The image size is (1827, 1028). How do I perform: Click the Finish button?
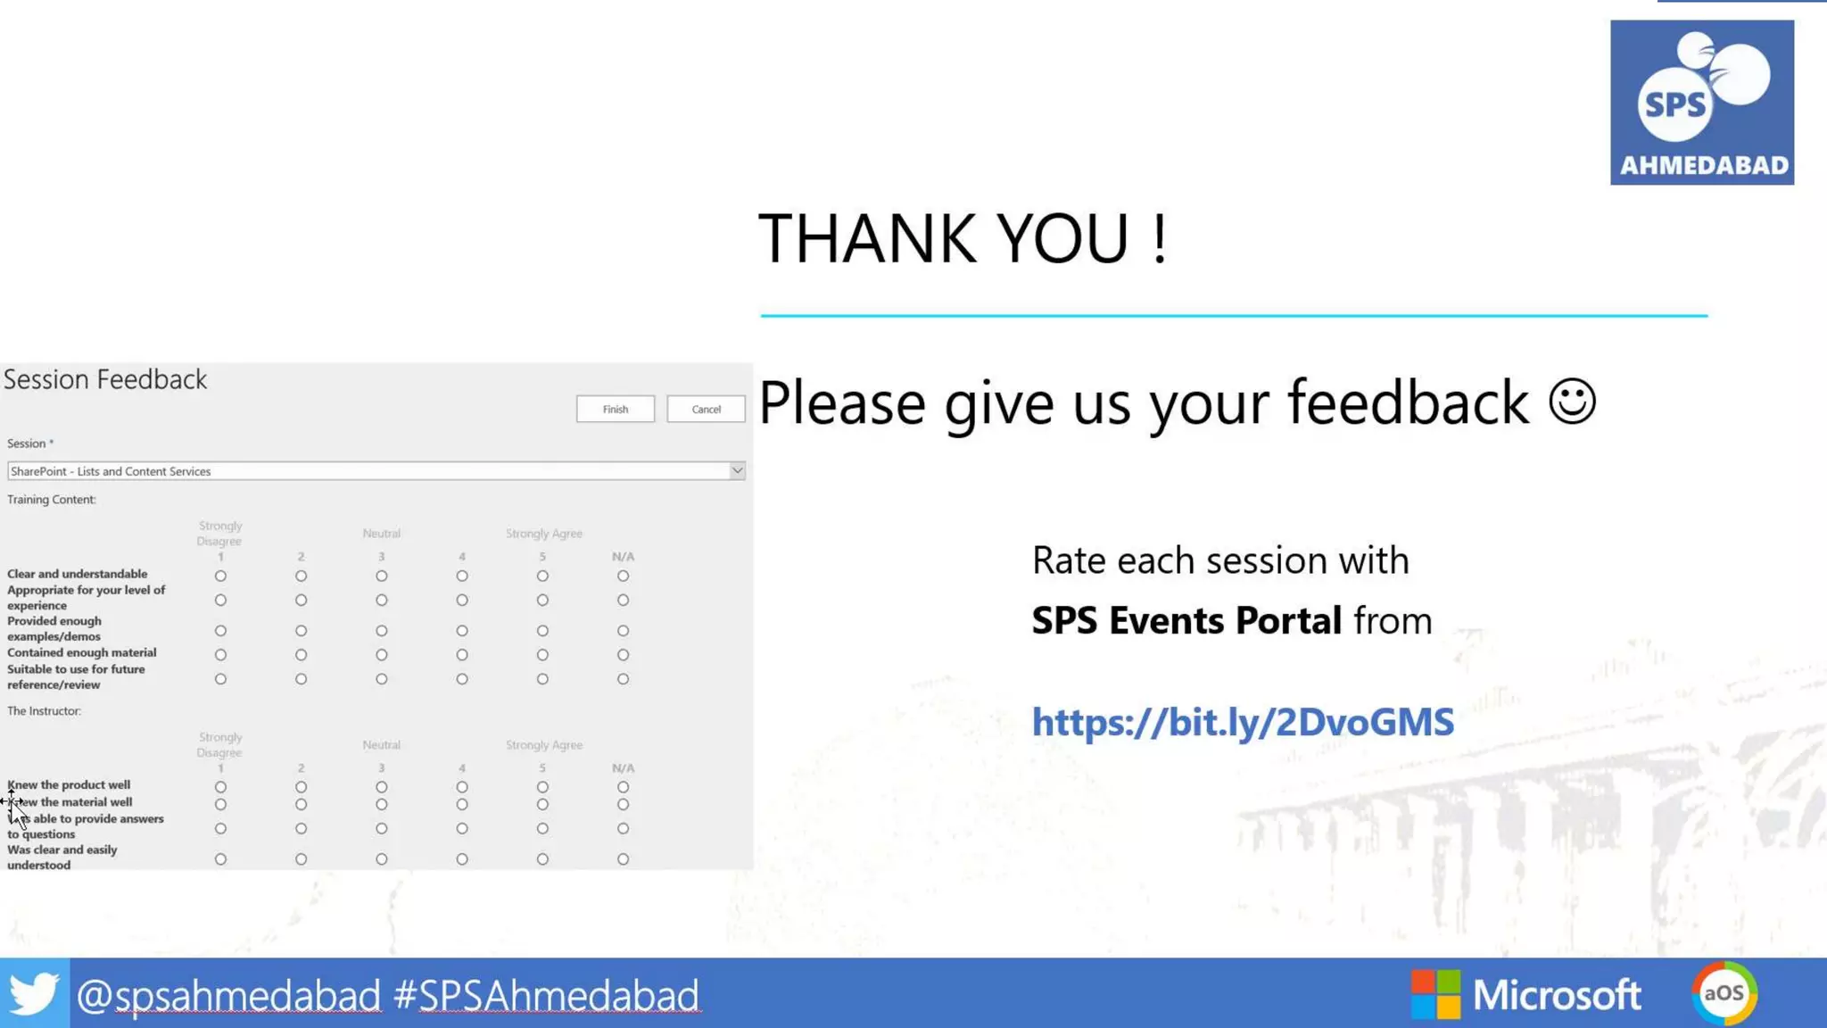pyautogui.click(x=615, y=409)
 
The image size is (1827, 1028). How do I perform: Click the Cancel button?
pyautogui.click(x=706, y=409)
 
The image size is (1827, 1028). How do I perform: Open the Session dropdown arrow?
pyautogui.click(x=737, y=470)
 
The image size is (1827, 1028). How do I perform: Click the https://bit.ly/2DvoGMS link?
pyautogui.click(x=1243, y=722)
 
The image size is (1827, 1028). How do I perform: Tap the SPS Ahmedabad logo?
pyautogui.click(x=1701, y=103)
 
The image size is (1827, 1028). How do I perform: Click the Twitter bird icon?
pyautogui.click(x=34, y=993)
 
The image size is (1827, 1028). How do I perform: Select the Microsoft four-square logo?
pyautogui.click(x=1435, y=994)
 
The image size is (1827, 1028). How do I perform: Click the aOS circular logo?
pyautogui.click(x=1724, y=993)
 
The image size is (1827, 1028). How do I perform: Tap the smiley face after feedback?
pyautogui.click(x=1572, y=402)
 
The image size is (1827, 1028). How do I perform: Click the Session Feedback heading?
pyautogui.click(x=105, y=379)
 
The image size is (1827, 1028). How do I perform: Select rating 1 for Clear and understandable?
pyautogui.click(x=220, y=576)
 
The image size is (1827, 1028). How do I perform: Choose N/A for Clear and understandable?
pyautogui.click(x=623, y=576)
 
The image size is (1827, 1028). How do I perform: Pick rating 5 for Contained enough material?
pyautogui.click(x=542, y=655)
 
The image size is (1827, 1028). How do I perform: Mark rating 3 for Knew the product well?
pyautogui.click(x=382, y=787)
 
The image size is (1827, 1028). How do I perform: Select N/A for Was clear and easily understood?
pyautogui.click(x=623, y=859)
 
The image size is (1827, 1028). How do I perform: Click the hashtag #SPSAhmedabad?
pyautogui.click(x=546, y=995)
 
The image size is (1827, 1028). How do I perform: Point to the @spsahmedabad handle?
pyautogui.click(x=228, y=995)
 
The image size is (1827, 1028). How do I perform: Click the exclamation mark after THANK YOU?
pyautogui.click(x=1159, y=239)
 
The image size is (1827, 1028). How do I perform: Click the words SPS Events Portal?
pyautogui.click(x=1186, y=620)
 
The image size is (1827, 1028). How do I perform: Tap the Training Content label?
pyautogui.click(x=52, y=500)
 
